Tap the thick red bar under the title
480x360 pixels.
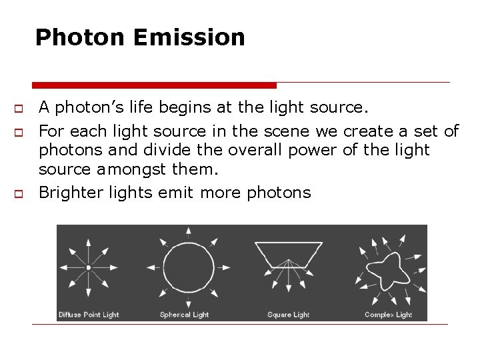pos(154,85)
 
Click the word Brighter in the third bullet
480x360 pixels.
pos(69,193)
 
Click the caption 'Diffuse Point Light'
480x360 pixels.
pos(89,315)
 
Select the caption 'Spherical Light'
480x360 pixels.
pos(184,315)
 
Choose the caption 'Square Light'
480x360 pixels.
pos(288,315)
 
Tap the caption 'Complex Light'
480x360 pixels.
pos(388,315)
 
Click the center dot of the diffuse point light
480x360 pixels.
pos(88,267)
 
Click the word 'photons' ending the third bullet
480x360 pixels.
pos(279,193)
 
